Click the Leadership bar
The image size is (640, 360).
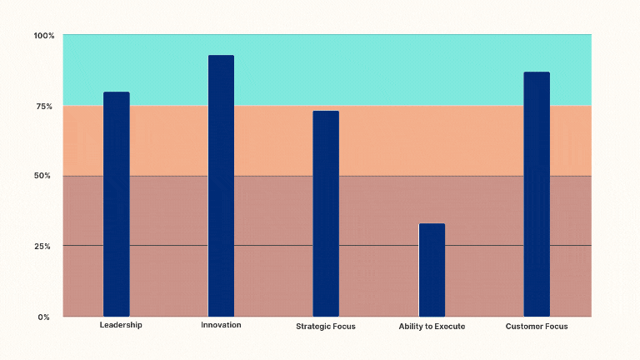(117, 204)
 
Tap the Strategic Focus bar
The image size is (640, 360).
(326, 213)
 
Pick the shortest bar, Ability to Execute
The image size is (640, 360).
(432, 270)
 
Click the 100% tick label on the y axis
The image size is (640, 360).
(43, 36)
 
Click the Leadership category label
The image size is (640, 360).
(121, 325)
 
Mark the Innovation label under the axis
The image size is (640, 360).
(221, 325)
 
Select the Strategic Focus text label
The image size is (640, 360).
(326, 327)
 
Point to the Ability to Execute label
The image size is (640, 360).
(432, 327)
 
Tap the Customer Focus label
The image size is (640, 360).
(537, 327)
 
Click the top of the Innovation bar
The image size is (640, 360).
(221, 57)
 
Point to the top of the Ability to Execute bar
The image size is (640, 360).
(432, 225)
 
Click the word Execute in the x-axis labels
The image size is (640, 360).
(449, 327)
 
